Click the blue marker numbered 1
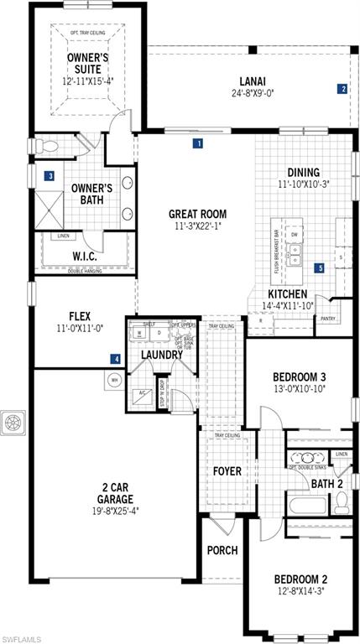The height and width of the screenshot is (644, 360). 198,143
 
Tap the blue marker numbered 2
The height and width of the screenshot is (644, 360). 342,88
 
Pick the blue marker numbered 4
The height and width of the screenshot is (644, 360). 116,359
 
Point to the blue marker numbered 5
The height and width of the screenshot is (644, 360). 319,268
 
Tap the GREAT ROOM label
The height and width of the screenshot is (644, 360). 193,213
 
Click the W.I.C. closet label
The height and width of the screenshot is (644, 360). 82,255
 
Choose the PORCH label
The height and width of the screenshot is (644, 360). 222,551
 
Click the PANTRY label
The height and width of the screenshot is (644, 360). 327,319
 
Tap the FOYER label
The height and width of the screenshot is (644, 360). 226,471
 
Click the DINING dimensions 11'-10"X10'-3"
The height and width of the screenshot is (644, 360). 305,184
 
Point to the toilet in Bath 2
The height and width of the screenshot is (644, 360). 340,503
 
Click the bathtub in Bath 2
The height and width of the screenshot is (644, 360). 304,506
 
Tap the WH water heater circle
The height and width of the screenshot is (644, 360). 112,380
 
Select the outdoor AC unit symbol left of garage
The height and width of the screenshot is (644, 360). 14,422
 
